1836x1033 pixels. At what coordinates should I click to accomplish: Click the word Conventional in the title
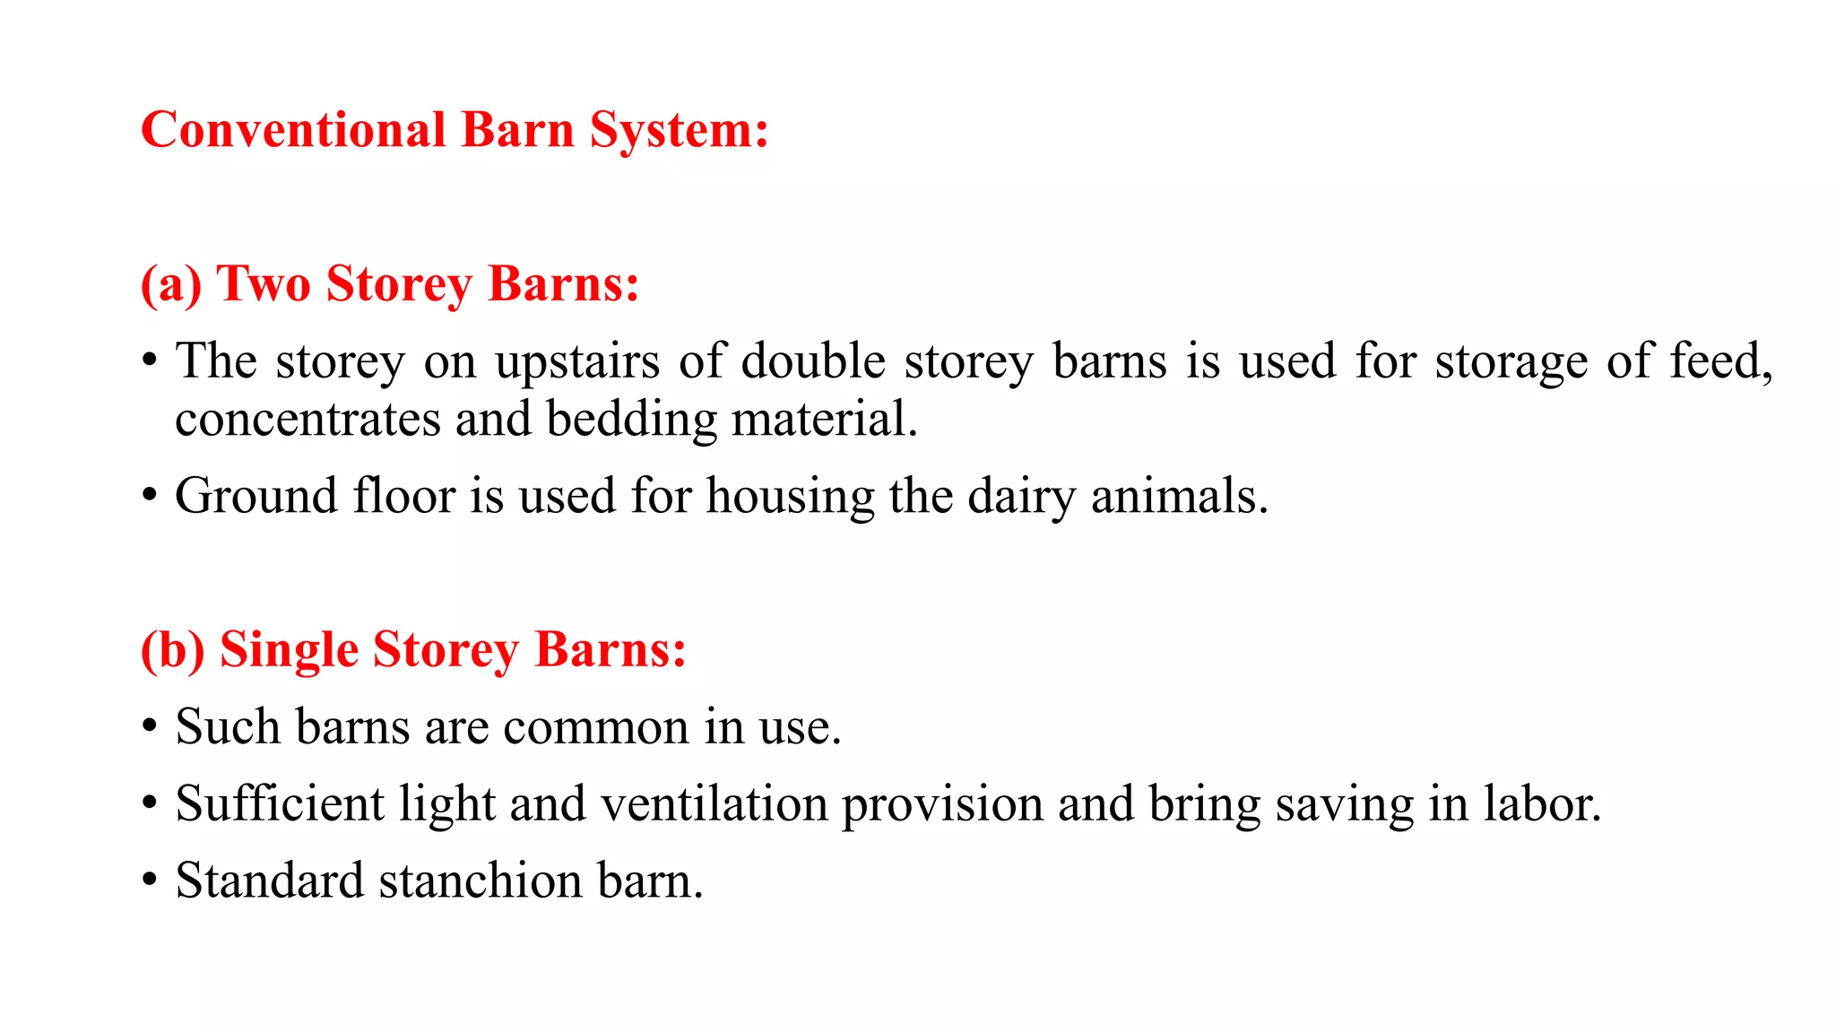pos(293,131)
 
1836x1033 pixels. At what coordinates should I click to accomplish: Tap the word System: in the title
pos(679,131)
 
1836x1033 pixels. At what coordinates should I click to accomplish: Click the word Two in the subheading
pos(264,285)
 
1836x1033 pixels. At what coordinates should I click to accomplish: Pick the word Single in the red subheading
pos(289,650)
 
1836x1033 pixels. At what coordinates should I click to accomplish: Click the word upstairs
pos(577,362)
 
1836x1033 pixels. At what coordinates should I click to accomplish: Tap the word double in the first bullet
pos(813,362)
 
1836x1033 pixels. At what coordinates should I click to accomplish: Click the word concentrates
pos(307,420)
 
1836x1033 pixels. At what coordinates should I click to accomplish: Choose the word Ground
pos(256,497)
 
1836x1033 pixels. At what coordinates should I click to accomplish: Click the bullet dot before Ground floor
pos(150,496)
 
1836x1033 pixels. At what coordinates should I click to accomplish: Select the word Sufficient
pos(280,804)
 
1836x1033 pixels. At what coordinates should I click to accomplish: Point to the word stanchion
pos(481,881)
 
